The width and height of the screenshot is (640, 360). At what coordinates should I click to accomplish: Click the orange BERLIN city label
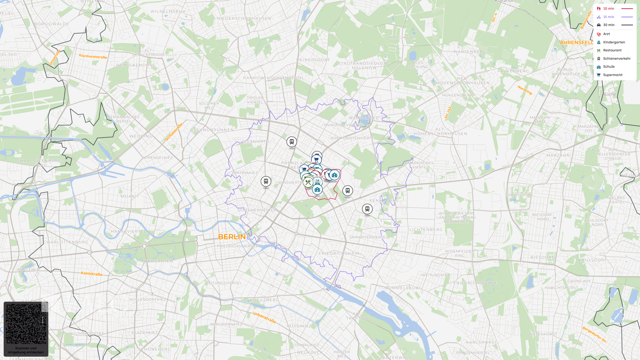coord(232,237)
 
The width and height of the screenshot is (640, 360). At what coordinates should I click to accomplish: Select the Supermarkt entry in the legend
coord(612,75)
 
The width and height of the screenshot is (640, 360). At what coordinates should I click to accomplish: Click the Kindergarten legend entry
coord(614,42)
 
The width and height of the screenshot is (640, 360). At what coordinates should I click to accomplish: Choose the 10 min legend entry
coord(608,9)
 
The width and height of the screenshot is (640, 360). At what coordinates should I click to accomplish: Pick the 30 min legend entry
coord(609,25)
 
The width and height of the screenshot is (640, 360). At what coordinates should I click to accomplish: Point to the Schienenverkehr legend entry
coord(616,59)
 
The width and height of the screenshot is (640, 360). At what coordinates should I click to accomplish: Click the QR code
coord(26,324)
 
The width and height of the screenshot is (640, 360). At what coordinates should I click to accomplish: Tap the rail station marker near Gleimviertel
coord(292,142)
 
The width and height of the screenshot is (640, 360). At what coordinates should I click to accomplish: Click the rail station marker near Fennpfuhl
coord(367,209)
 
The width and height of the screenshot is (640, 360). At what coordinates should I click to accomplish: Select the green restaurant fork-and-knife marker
coord(308,182)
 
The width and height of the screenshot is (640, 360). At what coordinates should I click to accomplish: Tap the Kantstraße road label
coord(91,274)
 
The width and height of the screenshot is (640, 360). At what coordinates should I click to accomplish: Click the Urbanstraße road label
coord(264,318)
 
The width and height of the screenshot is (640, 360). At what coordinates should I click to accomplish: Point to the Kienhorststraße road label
coord(93,57)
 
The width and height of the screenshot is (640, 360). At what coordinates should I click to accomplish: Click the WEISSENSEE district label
coord(363,118)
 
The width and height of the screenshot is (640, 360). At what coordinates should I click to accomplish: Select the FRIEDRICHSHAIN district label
coord(339,254)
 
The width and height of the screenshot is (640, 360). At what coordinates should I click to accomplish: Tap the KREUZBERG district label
coord(264,300)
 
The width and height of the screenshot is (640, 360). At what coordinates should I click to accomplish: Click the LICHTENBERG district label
coord(426,230)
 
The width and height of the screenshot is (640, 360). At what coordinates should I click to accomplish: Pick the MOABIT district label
coord(130,196)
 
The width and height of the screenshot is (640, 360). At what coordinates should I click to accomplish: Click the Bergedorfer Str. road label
coord(595,334)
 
